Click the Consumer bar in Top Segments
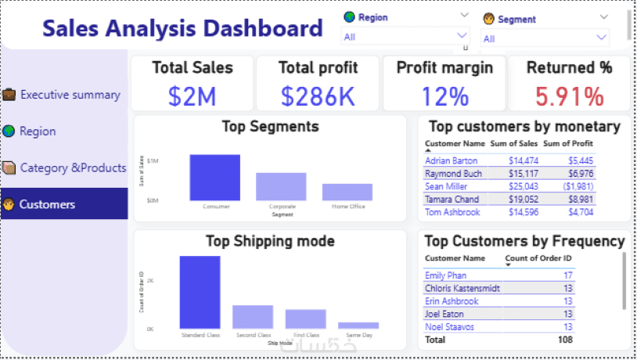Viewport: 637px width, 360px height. coord(214,178)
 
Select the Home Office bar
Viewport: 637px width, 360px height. coord(347,193)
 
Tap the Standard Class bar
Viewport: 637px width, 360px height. coord(200,292)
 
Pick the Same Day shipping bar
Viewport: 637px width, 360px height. coord(358,325)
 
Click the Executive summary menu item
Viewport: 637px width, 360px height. coord(70,95)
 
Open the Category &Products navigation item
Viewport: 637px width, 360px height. coord(73,167)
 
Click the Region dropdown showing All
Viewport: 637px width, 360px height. coord(405,36)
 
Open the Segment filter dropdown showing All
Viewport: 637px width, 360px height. coord(545,38)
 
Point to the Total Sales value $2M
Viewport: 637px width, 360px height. coord(192,96)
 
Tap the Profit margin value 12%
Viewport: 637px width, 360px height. coord(444,96)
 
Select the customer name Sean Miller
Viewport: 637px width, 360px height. coord(446,186)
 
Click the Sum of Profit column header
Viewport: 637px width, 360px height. coord(567,143)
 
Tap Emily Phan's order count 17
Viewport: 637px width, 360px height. coord(567,275)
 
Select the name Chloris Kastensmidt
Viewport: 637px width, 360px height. coord(462,288)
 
